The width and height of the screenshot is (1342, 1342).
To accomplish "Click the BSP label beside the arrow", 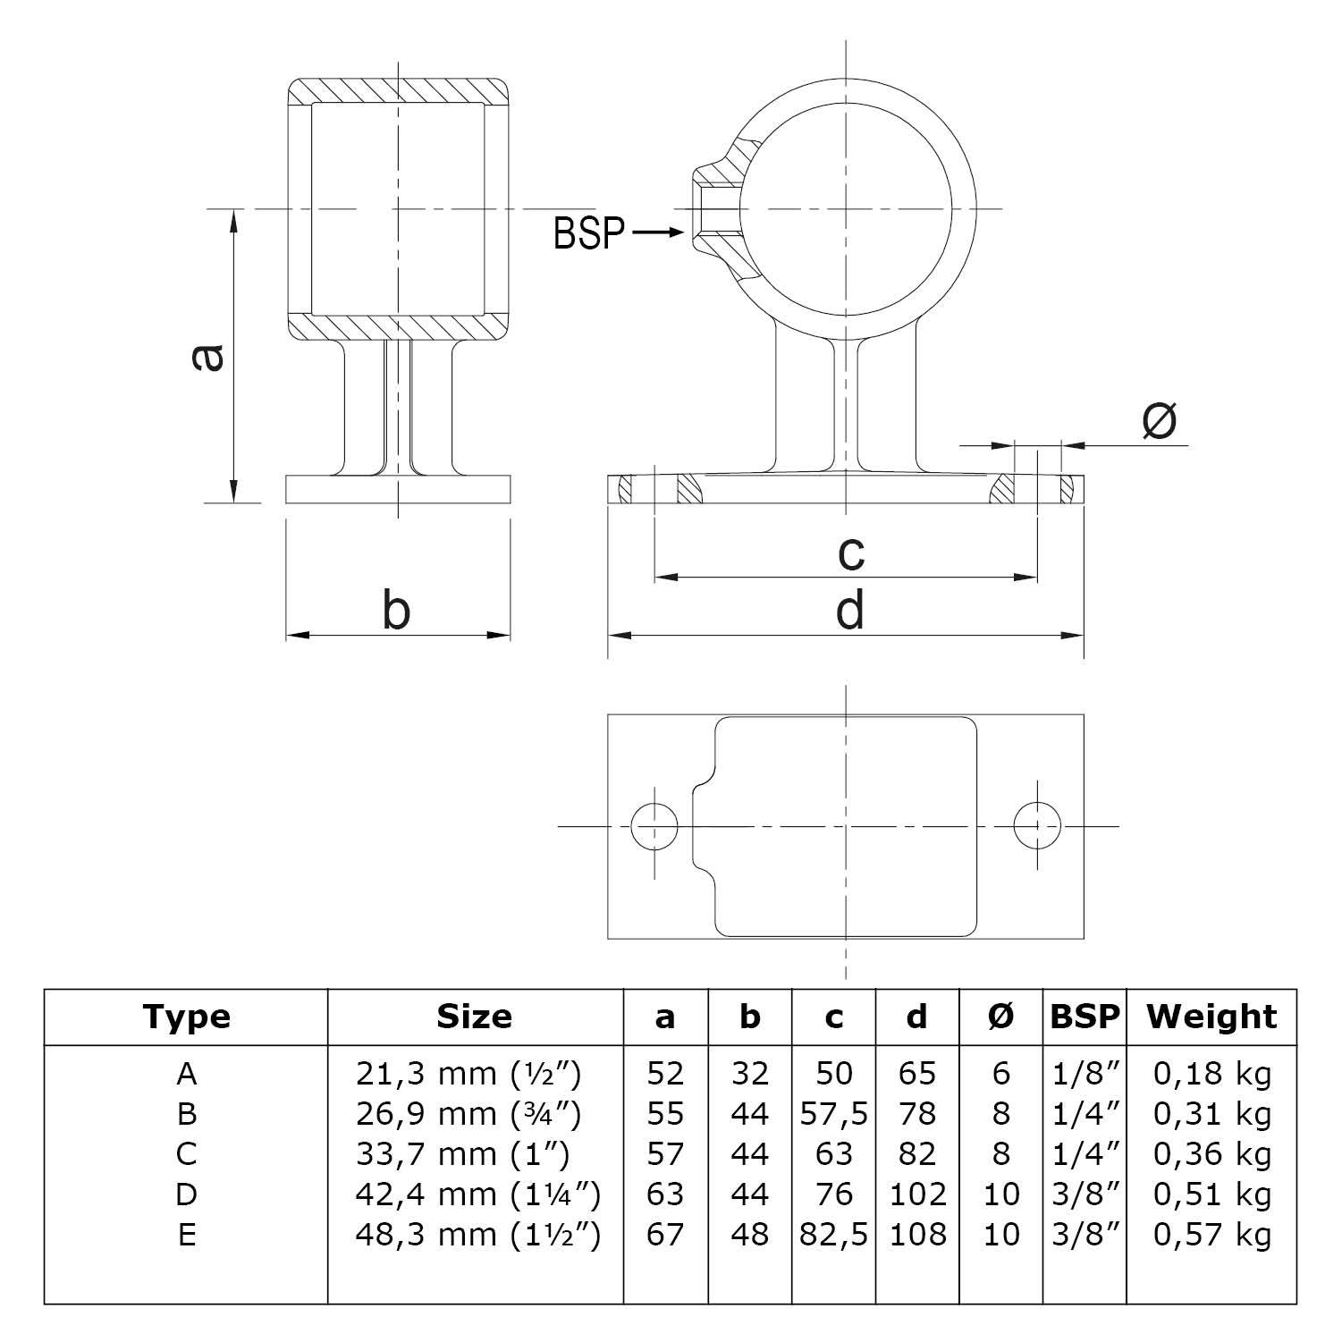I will click(x=588, y=233).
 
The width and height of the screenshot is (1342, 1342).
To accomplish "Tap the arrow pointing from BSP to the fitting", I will click(x=658, y=233).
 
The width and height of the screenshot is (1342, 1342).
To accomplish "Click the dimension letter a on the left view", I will click(x=207, y=358).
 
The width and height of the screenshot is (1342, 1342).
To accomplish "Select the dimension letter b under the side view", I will click(x=396, y=612).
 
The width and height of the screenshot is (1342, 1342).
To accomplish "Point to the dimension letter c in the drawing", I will click(x=851, y=553).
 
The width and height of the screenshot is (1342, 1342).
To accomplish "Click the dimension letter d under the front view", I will click(x=849, y=612).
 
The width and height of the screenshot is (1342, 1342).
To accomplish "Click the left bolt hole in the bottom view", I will click(x=654, y=825).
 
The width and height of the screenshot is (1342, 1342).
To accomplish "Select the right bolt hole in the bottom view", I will click(x=1037, y=825).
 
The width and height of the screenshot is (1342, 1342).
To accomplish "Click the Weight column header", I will click(x=1211, y=1017).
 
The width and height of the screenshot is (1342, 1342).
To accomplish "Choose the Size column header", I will click(x=474, y=1017).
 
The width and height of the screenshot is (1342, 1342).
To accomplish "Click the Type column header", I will click(x=186, y=1017).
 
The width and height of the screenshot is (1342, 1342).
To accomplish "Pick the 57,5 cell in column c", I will click(x=833, y=1114).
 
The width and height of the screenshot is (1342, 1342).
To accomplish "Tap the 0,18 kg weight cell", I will click(x=1211, y=1074).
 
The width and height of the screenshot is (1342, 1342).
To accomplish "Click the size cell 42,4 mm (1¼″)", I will click(x=477, y=1194).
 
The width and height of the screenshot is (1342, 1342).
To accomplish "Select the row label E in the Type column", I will click(x=186, y=1235).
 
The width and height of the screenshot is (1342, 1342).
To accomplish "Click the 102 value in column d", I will click(x=917, y=1194).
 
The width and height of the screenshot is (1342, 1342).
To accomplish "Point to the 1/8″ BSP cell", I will click(x=1085, y=1074).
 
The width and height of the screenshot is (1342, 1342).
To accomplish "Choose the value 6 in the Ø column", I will click(x=1000, y=1074).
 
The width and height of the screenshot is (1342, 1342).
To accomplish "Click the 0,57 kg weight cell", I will click(x=1211, y=1235).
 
